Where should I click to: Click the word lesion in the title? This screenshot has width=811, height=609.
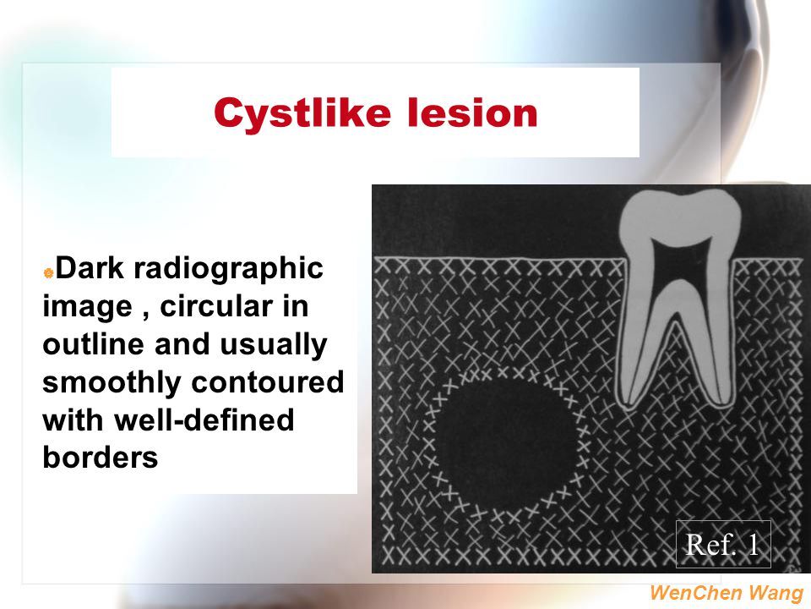[x=472, y=112]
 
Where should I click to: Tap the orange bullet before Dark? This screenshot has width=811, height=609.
[x=49, y=272]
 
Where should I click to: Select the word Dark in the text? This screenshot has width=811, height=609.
[x=90, y=268]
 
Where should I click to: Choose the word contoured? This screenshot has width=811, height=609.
[x=268, y=382]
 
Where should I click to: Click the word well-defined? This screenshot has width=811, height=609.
[x=204, y=420]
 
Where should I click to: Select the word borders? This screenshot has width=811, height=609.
[x=101, y=458]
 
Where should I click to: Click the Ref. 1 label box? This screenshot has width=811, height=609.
[x=723, y=544]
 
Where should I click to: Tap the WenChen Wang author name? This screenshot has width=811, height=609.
[x=727, y=592]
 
